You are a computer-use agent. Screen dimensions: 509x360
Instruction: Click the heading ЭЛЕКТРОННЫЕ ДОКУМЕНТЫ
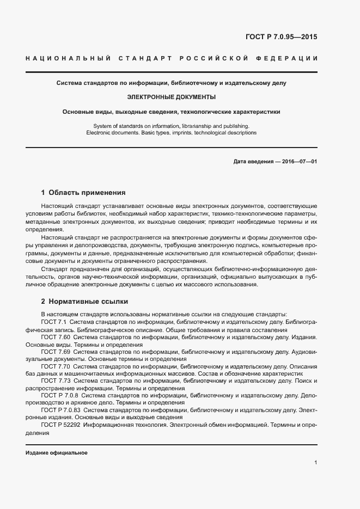(x=171, y=97)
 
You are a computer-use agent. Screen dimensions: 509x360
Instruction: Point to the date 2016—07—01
(x=298, y=162)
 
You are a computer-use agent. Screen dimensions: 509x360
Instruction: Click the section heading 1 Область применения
(x=83, y=193)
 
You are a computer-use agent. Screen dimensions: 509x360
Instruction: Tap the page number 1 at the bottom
(x=315, y=463)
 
